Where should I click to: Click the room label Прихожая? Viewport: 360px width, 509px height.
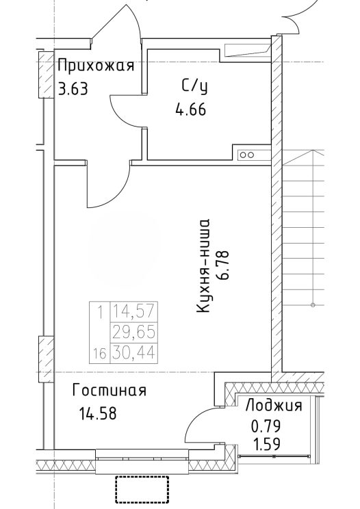pos(96,65)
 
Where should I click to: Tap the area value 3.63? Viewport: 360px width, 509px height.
pos(73,88)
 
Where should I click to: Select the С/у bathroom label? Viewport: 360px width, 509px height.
pos(194,87)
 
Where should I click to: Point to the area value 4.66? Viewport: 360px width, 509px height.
pos(190,109)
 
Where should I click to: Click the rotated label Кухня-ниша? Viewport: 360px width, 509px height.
pos(203,266)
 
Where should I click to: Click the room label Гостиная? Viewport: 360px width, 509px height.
pos(109,391)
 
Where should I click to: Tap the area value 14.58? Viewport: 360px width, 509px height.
pos(98,413)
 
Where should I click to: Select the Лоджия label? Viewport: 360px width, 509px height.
pos(274,406)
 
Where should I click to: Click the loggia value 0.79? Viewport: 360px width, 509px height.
pos(266,426)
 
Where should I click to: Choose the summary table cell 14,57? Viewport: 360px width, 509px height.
pos(134,312)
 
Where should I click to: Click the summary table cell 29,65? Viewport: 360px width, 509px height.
pos(134,332)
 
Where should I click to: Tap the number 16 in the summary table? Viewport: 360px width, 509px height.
pos(100,353)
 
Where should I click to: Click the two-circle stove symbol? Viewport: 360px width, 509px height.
pos(246,155)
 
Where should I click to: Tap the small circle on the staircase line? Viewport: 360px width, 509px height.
pos(313,304)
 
